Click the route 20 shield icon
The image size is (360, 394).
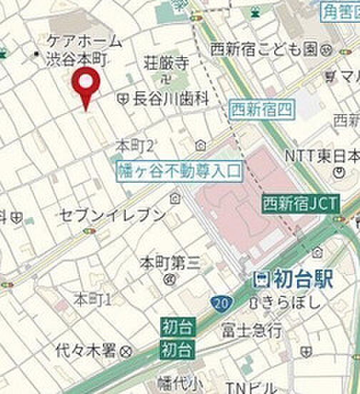(220, 305)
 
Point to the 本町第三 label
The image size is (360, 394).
(170, 262)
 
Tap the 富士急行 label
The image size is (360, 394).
(251, 330)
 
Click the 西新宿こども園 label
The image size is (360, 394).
(265, 49)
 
